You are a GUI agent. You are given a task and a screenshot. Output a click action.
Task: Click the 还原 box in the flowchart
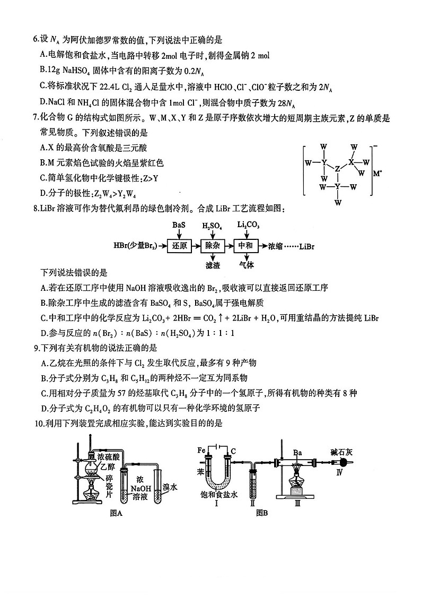point(179,246)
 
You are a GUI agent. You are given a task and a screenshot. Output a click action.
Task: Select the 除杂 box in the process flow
point(213,246)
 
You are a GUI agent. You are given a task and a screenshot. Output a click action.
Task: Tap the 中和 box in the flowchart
point(248,246)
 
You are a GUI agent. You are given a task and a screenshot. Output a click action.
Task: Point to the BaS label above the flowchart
point(179,225)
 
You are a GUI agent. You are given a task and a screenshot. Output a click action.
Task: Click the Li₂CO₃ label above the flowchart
point(248,225)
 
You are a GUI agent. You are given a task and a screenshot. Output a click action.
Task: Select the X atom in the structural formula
point(351,161)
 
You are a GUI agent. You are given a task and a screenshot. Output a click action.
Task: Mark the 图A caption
point(116,513)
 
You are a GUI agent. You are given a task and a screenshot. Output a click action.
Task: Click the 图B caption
point(261,513)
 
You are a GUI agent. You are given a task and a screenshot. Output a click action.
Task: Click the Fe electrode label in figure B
point(201,450)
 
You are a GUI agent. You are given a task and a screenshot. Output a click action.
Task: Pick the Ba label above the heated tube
point(297,453)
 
